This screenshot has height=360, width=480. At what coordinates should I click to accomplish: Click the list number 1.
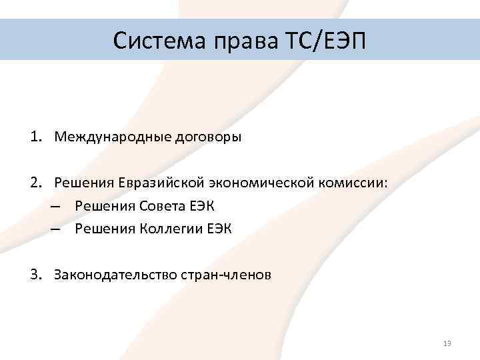(33, 137)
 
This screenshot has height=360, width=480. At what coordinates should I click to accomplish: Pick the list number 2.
(33, 183)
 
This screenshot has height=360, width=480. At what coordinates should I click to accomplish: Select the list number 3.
(33, 274)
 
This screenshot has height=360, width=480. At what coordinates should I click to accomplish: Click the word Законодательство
(115, 274)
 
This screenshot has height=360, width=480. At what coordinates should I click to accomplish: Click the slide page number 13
(447, 343)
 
